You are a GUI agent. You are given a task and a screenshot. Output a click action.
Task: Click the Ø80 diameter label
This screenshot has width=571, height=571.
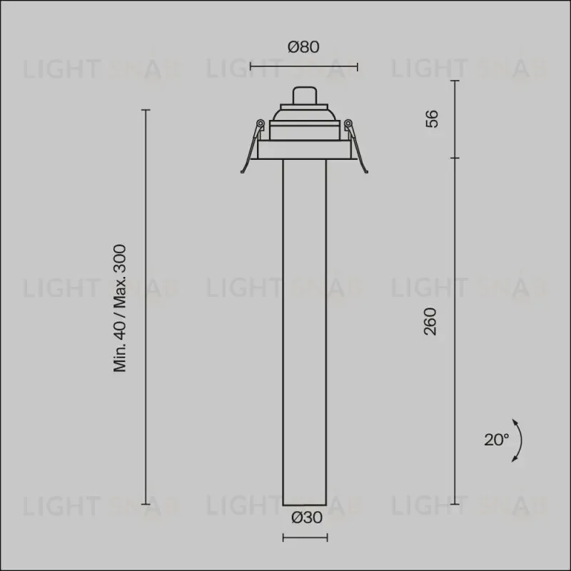tap(303, 47)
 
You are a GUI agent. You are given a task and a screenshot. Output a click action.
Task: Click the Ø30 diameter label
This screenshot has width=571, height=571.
tap(307, 517)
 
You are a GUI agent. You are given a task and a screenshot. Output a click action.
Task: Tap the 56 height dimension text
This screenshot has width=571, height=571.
tap(432, 118)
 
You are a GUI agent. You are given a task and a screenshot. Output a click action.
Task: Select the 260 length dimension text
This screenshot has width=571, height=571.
tap(430, 321)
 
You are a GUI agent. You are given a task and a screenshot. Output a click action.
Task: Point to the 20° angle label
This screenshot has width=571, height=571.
tap(496, 440)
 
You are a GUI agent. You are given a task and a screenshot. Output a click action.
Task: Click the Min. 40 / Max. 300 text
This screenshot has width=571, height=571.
tap(120, 308)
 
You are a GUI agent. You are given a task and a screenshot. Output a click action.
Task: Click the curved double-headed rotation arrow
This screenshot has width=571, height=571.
tap(519, 440)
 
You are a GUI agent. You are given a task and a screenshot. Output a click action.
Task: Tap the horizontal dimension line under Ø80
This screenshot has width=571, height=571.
tap(304, 66)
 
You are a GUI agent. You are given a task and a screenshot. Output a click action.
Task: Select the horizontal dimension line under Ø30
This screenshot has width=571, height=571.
tap(305, 537)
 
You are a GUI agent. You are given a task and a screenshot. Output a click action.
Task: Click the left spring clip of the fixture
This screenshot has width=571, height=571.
tap(252, 146)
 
